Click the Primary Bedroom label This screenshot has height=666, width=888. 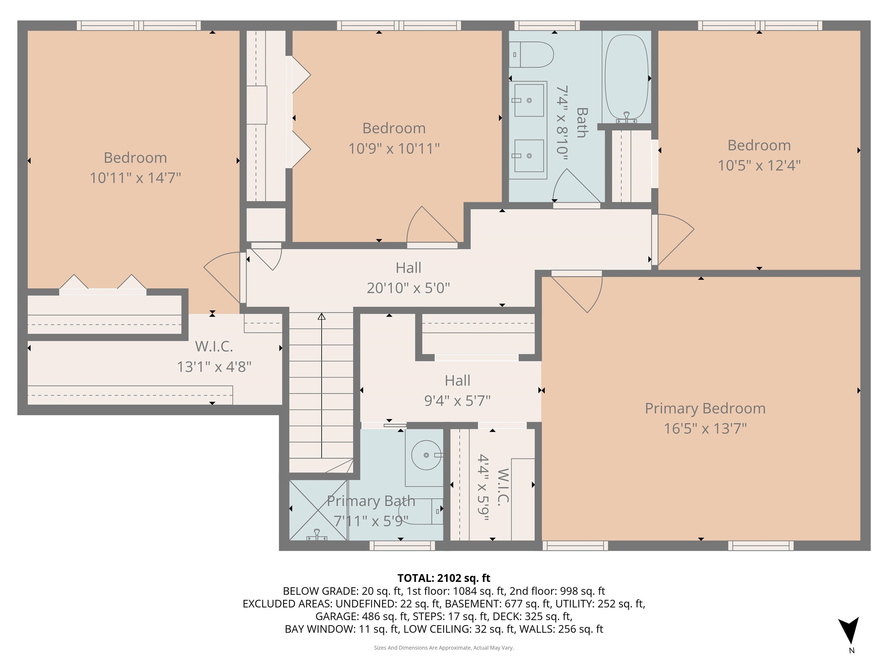705,408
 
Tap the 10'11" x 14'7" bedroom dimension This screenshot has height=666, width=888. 135,178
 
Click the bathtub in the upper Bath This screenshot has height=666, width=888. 626,76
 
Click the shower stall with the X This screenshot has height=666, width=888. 318,510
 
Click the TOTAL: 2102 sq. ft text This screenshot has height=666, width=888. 444,578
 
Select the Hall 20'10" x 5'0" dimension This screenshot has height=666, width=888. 408,288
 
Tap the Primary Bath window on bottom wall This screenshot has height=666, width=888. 402,545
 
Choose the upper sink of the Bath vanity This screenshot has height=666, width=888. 529,100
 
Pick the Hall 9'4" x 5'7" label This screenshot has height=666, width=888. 457,390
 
